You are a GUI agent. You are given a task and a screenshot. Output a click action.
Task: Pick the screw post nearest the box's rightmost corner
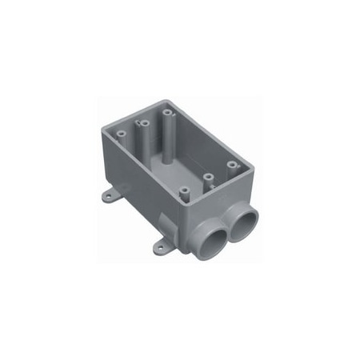[231, 165]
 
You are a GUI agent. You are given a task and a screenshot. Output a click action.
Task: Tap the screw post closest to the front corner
[183, 192]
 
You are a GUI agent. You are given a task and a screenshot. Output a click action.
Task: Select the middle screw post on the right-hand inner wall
[207, 177]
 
